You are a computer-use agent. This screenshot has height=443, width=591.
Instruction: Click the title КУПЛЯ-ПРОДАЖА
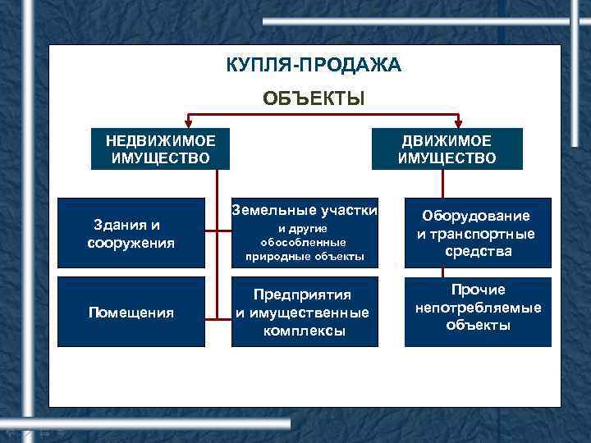tap(314, 65)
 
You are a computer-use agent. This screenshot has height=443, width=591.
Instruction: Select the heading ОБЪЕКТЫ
tap(314, 98)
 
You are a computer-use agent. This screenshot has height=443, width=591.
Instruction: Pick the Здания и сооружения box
tap(131, 233)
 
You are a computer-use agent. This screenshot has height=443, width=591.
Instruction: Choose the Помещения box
tap(131, 312)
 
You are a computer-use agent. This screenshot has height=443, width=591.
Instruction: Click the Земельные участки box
tap(304, 233)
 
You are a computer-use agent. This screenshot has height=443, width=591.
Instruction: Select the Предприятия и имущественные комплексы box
tap(304, 312)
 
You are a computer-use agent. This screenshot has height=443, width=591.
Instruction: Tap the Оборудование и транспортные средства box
tap(478, 233)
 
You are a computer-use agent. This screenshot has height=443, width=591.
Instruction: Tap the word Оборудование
tap(476, 216)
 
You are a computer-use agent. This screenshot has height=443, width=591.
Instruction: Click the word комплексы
tap(304, 331)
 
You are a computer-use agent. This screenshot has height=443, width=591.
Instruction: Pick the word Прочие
tap(478, 290)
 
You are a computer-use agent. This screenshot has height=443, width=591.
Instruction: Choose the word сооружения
tap(131, 243)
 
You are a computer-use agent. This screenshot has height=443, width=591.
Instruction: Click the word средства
tap(478, 252)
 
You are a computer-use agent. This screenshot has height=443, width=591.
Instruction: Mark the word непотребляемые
tap(478, 308)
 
